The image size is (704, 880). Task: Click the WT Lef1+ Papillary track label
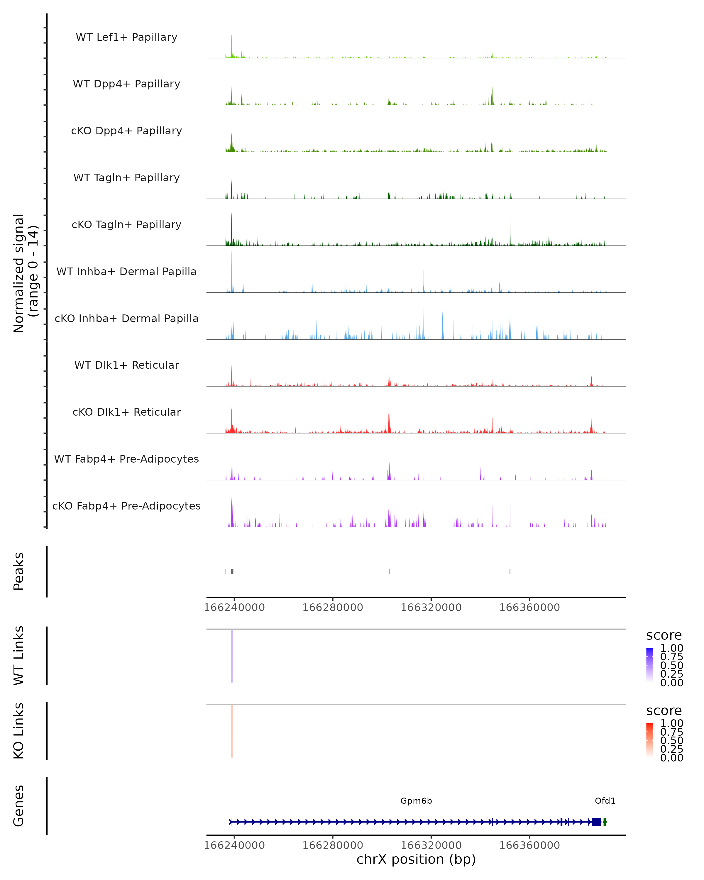click(126, 37)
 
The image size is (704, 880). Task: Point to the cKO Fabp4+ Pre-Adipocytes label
click(126, 506)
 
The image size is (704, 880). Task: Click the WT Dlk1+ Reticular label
click(126, 365)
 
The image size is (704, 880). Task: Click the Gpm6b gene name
click(416, 801)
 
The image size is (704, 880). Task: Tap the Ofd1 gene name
click(605, 801)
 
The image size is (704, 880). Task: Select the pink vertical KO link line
click(232, 731)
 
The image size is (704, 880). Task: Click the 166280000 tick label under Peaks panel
click(333, 607)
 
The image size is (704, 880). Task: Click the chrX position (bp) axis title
click(416, 859)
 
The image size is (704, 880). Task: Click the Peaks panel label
click(19, 571)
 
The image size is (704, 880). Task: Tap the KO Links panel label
click(19, 731)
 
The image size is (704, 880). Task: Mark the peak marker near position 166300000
click(389, 571)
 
